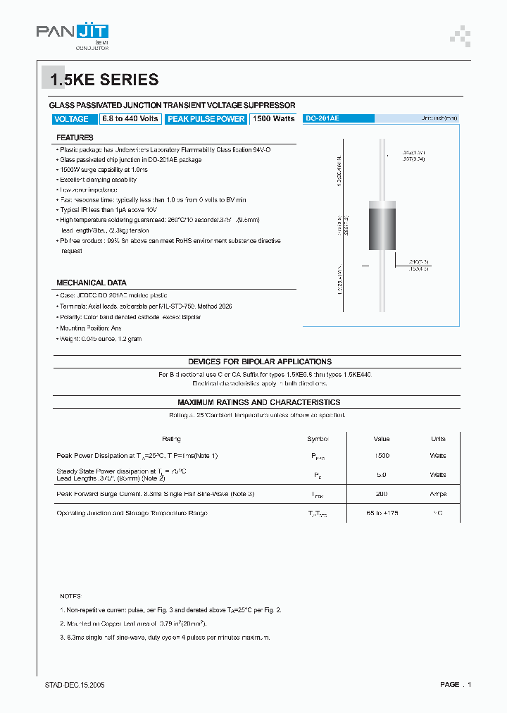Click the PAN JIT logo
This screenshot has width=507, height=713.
(73, 33)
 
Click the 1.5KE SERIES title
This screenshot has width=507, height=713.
(104, 80)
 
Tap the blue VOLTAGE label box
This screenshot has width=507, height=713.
(72, 119)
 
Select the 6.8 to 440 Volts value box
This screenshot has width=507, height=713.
(130, 119)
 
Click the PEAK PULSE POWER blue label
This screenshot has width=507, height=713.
(206, 119)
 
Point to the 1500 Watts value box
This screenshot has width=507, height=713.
(273, 119)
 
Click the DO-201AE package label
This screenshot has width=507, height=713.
(323, 118)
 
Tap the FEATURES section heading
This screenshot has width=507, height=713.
(75, 138)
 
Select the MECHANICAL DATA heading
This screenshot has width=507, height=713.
(91, 283)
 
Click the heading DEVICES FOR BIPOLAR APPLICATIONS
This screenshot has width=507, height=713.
(259, 361)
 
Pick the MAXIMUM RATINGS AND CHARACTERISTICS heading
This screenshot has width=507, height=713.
(258, 402)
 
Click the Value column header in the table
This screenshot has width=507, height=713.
(382, 439)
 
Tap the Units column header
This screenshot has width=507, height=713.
(438, 439)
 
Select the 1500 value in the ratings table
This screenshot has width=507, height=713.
(382, 456)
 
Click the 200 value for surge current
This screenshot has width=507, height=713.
(382, 494)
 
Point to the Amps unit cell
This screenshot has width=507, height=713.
(438, 494)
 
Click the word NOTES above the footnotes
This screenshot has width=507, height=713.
(70, 596)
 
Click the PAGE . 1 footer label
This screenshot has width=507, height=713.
(455, 685)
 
